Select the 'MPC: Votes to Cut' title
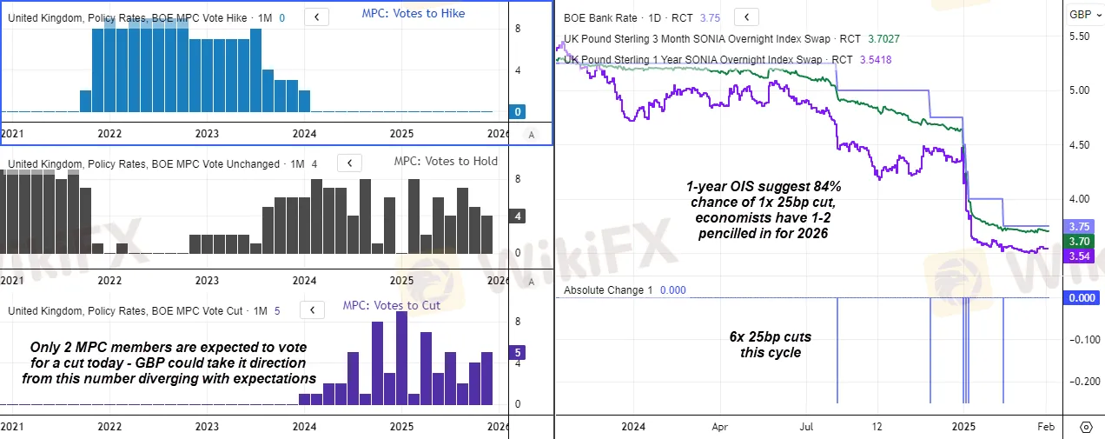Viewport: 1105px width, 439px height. (391, 305)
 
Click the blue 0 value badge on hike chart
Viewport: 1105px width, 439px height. (518, 112)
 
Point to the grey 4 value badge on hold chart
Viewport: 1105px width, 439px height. (518, 216)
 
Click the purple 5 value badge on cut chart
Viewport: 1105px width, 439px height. (518, 352)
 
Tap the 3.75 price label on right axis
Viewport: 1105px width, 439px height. (1080, 226)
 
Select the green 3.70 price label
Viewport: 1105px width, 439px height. (1080, 241)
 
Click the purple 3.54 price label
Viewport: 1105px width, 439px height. (1080, 256)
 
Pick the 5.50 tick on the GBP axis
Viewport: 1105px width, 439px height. (1080, 36)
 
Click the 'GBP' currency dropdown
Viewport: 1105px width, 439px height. (1085, 15)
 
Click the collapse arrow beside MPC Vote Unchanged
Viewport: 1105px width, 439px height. (349, 163)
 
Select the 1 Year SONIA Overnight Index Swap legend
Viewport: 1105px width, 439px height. (693, 59)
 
